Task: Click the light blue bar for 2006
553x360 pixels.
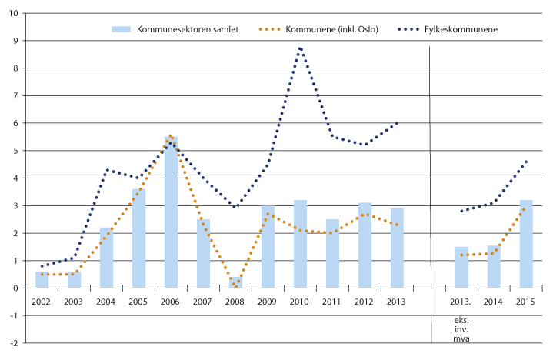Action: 171,212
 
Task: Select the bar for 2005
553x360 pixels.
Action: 138,238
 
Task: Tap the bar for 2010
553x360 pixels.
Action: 300,244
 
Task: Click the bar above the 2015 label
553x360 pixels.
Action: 526,244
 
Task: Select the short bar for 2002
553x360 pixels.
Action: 42,280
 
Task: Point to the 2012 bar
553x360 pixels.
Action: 365,245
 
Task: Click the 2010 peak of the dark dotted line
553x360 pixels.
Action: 300,48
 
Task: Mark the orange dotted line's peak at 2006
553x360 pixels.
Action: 170,135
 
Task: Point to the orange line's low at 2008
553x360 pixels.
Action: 235,286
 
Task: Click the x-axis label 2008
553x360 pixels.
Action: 235,300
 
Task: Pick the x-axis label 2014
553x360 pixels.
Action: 494,300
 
